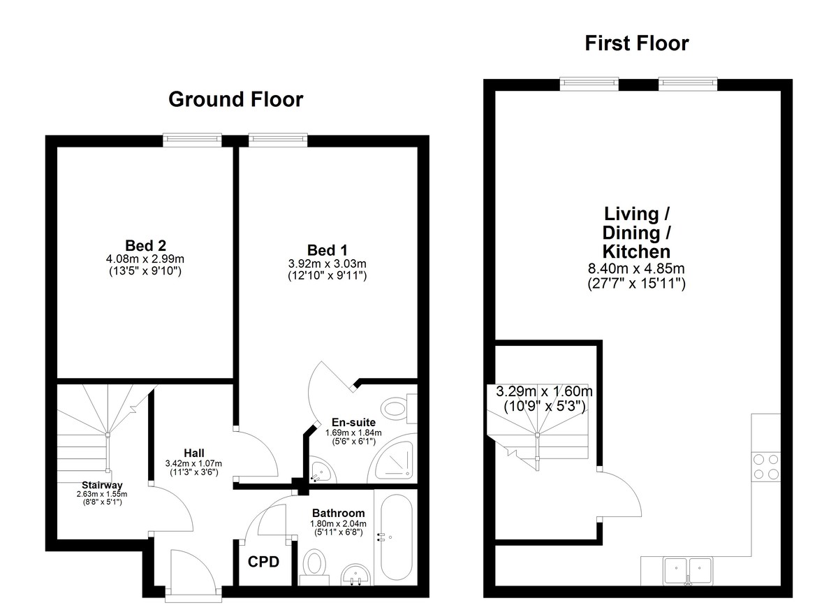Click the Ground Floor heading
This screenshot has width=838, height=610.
click(x=236, y=99)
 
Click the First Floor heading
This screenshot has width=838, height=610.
click(x=637, y=43)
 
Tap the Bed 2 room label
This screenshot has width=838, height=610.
click(x=145, y=246)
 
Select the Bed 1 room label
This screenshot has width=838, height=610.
click(x=328, y=250)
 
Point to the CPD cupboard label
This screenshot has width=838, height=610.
click(x=263, y=562)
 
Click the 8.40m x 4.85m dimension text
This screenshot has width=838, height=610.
click(x=636, y=268)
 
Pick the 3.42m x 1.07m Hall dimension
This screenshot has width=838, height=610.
click(x=193, y=463)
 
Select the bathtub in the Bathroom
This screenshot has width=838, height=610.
click(x=396, y=537)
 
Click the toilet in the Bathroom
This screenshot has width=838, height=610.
click(x=314, y=566)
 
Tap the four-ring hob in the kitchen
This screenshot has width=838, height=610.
click(x=766, y=466)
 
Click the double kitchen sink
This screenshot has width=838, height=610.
click(x=688, y=572)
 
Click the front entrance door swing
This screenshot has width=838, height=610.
click(x=193, y=569)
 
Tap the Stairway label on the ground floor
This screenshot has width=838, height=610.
click(x=102, y=485)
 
